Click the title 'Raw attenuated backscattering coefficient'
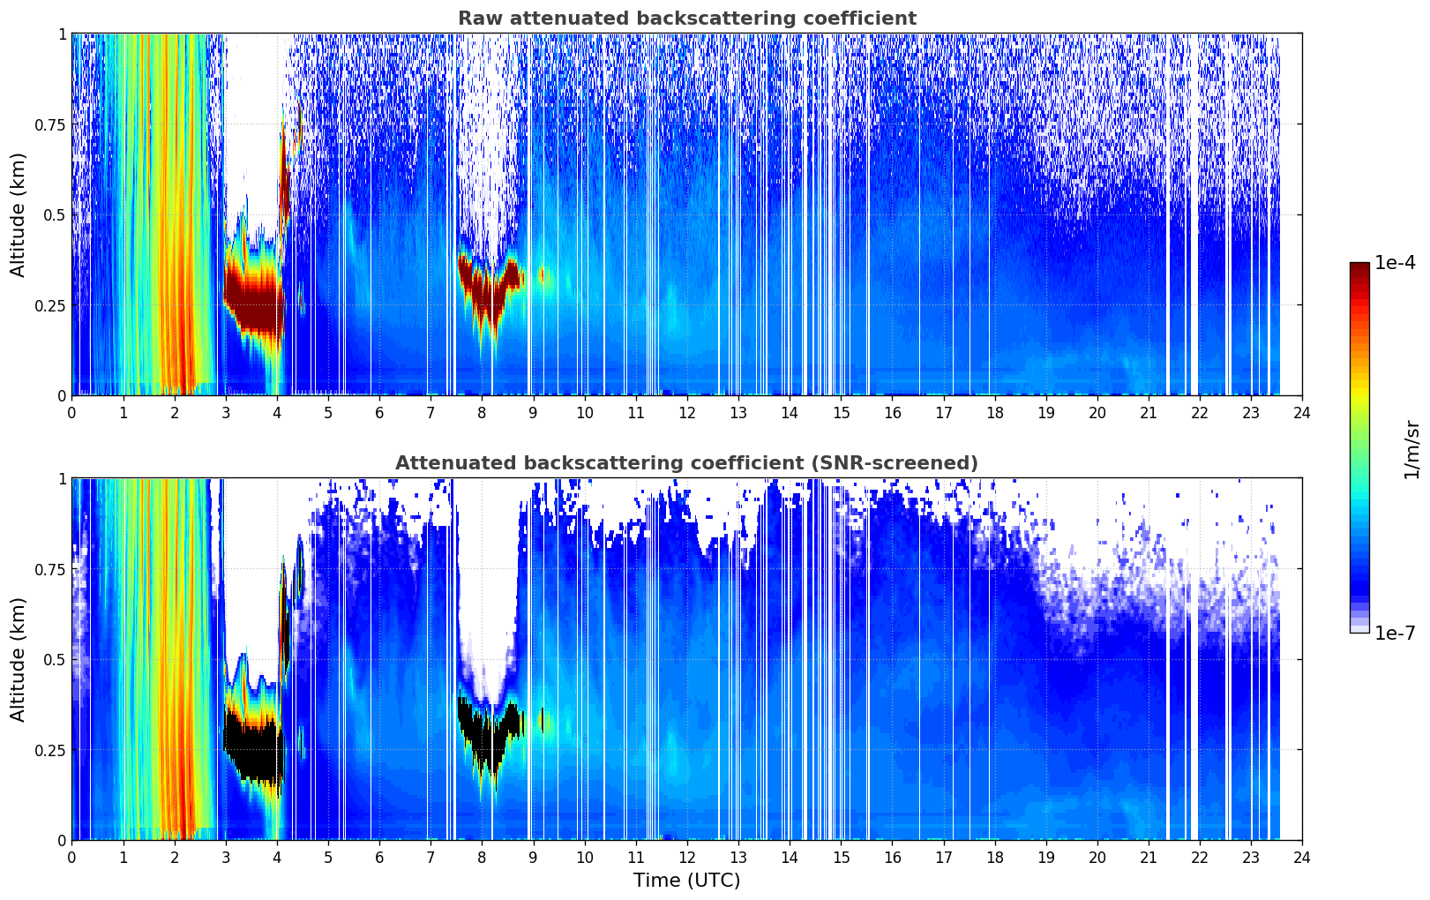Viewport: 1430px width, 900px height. point(686,19)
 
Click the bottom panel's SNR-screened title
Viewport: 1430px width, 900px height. point(686,463)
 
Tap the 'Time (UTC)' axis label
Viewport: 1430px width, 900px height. point(686,881)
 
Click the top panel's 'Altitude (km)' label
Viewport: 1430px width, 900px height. point(19,214)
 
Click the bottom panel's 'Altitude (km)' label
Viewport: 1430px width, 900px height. point(19,659)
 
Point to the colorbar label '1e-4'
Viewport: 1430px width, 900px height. point(1395,263)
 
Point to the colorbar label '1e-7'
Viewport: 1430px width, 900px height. point(1395,634)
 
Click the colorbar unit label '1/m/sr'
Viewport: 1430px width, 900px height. point(1411,449)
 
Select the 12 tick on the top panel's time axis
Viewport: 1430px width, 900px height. point(687,412)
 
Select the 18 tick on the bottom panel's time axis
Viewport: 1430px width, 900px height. point(995,857)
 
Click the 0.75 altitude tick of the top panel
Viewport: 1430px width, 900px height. point(50,124)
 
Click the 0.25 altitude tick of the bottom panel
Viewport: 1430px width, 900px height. point(50,750)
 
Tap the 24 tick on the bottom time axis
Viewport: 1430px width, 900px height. point(1302,857)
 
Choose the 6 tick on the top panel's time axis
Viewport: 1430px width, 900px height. point(379,412)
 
